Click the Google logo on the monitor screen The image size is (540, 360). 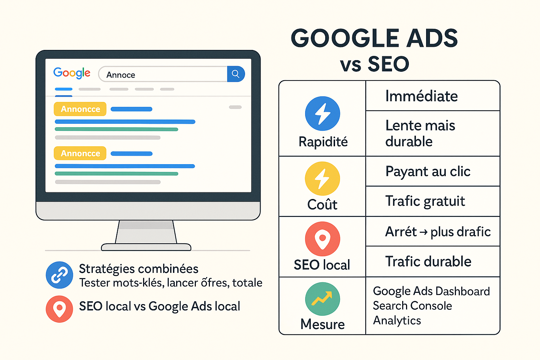click(x=72, y=73)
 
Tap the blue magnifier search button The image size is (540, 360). click(x=236, y=74)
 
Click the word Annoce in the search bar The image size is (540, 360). click(x=121, y=75)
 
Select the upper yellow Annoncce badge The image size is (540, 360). click(x=80, y=109)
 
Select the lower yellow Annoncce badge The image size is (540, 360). click(x=80, y=153)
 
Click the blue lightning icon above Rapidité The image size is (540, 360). click(x=322, y=114)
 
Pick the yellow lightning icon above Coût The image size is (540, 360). click(x=322, y=179)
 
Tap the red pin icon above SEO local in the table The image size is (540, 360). click(x=322, y=239)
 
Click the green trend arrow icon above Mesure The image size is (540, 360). click(x=322, y=299)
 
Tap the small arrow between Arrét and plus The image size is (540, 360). click(x=424, y=232)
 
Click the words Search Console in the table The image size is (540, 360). click(x=412, y=306)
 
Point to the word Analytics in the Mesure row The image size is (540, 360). click(x=397, y=321)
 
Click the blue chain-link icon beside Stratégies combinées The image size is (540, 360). click(x=59, y=275)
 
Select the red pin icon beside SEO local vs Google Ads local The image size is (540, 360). click(x=59, y=309)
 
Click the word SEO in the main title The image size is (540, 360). click(x=388, y=64)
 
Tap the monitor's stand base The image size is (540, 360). click(x=146, y=247)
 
